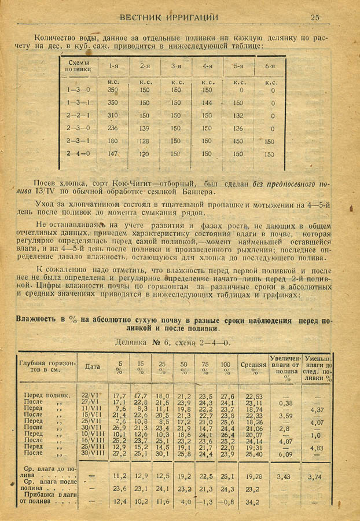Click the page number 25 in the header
click(x=315, y=17)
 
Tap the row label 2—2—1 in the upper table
click(x=79, y=115)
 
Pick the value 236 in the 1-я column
click(x=112, y=128)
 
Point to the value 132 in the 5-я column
click(x=238, y=115)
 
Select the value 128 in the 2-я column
click(x=145, y=141)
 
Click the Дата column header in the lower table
click(x=93, y=366)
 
